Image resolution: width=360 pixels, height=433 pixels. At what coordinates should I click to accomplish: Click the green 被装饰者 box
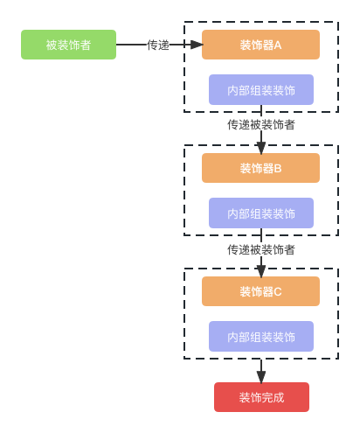pos(68,45)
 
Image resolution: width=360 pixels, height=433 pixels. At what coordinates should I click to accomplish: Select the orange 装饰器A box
pos(260,45)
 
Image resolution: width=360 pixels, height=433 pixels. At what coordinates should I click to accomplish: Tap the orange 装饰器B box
pos(260,168)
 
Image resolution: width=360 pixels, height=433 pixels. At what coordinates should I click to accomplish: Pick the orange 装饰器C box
pos(260,291)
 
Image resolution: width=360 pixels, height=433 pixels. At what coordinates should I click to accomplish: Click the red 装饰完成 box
pos(261,397)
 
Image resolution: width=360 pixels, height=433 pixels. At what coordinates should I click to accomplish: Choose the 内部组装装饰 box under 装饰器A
pos(261,90)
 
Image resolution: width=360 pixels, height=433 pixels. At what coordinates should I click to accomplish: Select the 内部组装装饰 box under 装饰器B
pos(261,213)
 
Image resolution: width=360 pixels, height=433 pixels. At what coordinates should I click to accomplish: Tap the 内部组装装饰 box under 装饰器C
pos(261,337)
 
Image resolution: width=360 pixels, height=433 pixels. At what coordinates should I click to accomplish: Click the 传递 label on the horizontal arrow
pos(158,45)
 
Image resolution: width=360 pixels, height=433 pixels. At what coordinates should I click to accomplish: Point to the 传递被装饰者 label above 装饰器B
pos(261,124)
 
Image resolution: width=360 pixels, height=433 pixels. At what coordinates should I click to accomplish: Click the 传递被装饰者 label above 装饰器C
pos(261,249)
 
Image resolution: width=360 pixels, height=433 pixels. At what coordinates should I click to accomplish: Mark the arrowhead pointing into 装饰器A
pos(197,45)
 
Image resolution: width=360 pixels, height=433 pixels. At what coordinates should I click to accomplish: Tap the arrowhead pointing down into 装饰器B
pos(261,149)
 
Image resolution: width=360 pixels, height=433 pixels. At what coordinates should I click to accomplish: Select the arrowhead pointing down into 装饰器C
pos(261,272)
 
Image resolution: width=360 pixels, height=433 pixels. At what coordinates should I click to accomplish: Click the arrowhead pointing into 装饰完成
pos(261,377)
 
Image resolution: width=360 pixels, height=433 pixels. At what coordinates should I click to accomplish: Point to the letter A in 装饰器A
pos(278,45)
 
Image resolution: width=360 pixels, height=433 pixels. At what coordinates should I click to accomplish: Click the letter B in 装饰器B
pos(278,169)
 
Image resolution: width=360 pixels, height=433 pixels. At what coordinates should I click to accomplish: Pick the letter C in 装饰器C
pos(278,292)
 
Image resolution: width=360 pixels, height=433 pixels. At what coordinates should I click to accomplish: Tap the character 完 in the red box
pos(267,397)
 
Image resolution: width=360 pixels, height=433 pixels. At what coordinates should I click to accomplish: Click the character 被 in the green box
pos(52,45)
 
